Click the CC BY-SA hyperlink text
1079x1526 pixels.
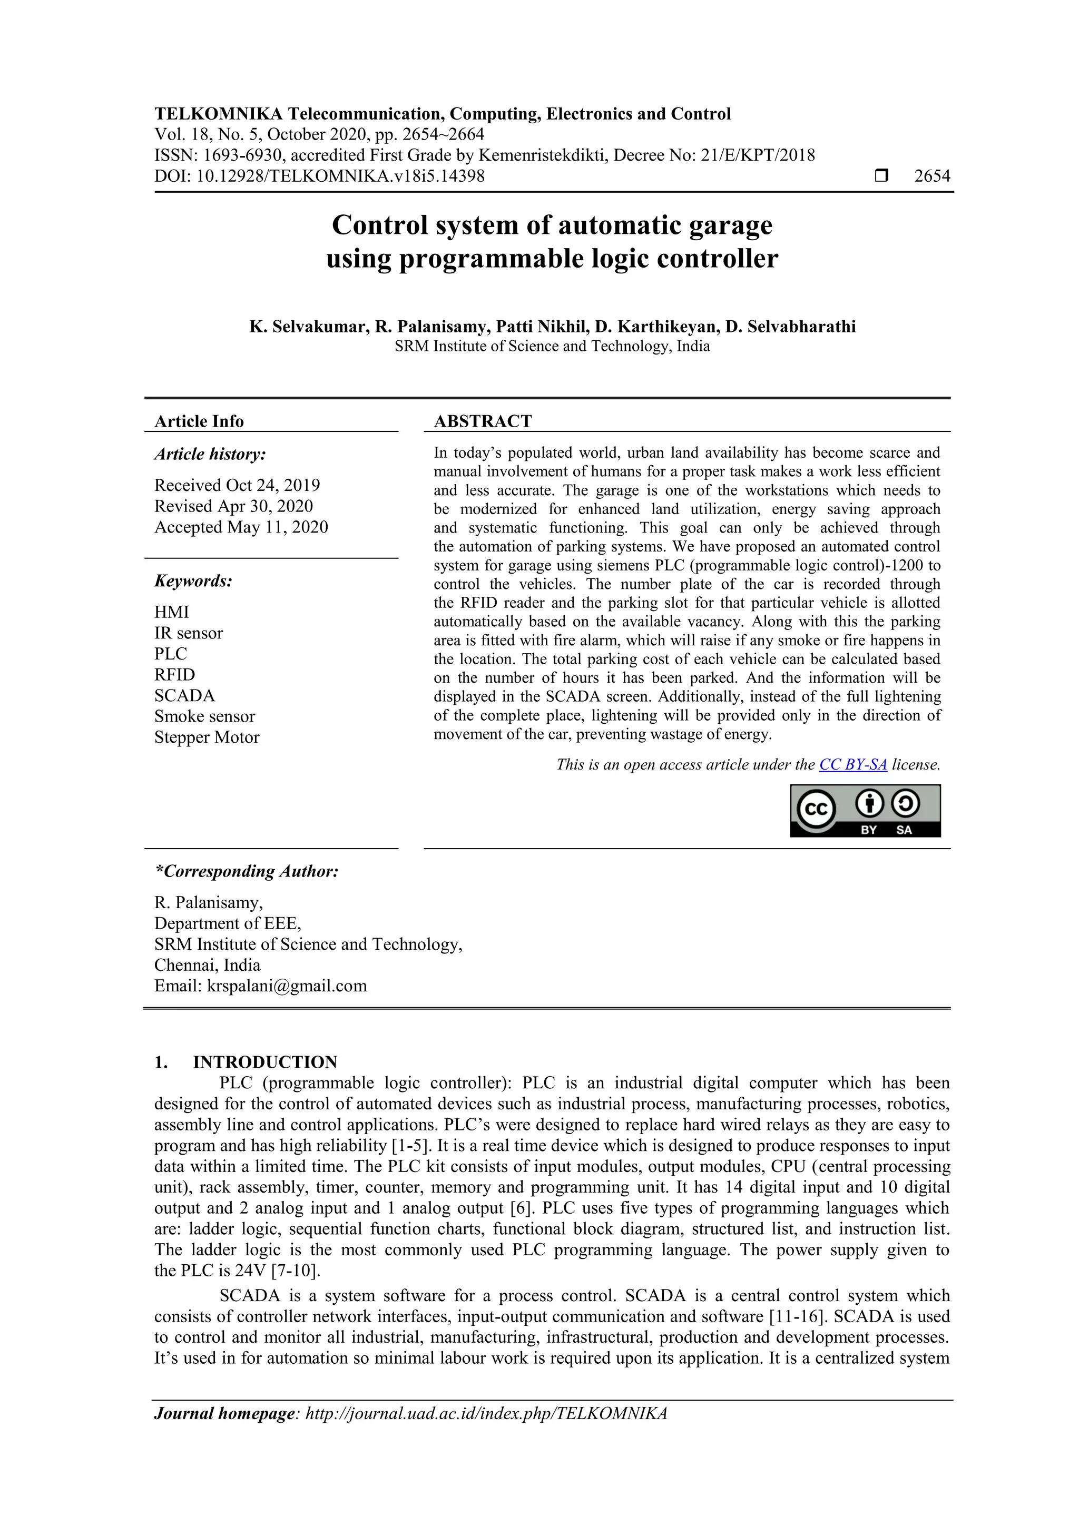[x=852, y=764]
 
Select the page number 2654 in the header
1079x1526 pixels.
[x=931, y=176]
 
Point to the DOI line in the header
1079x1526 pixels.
[x=319, y=176]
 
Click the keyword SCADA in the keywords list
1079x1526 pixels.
[x=184, y=696]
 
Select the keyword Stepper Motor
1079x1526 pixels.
[x=207, y=738]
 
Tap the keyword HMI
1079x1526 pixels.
[x=172, y=612]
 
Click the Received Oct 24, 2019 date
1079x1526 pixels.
[x=237, y=485]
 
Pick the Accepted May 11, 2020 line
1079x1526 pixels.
[x=241, y=527]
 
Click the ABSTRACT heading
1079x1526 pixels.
[x=483, y=421]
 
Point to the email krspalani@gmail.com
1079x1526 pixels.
[x=287, y=986]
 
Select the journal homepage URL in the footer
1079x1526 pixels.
[x=486, y=1414]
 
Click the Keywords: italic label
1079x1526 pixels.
[x=193, y=581]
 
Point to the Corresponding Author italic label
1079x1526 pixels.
[x=247, y=871]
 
